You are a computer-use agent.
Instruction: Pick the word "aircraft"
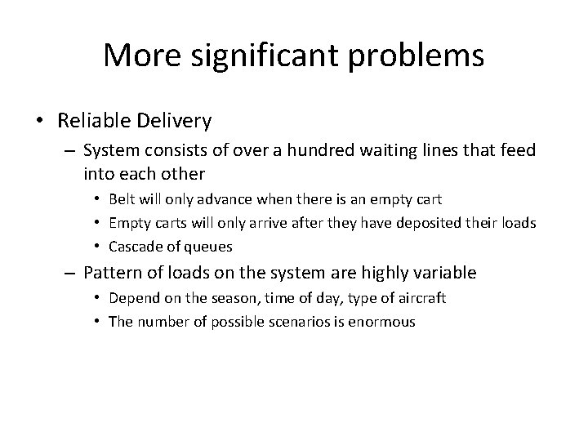(x=421, y=298)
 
